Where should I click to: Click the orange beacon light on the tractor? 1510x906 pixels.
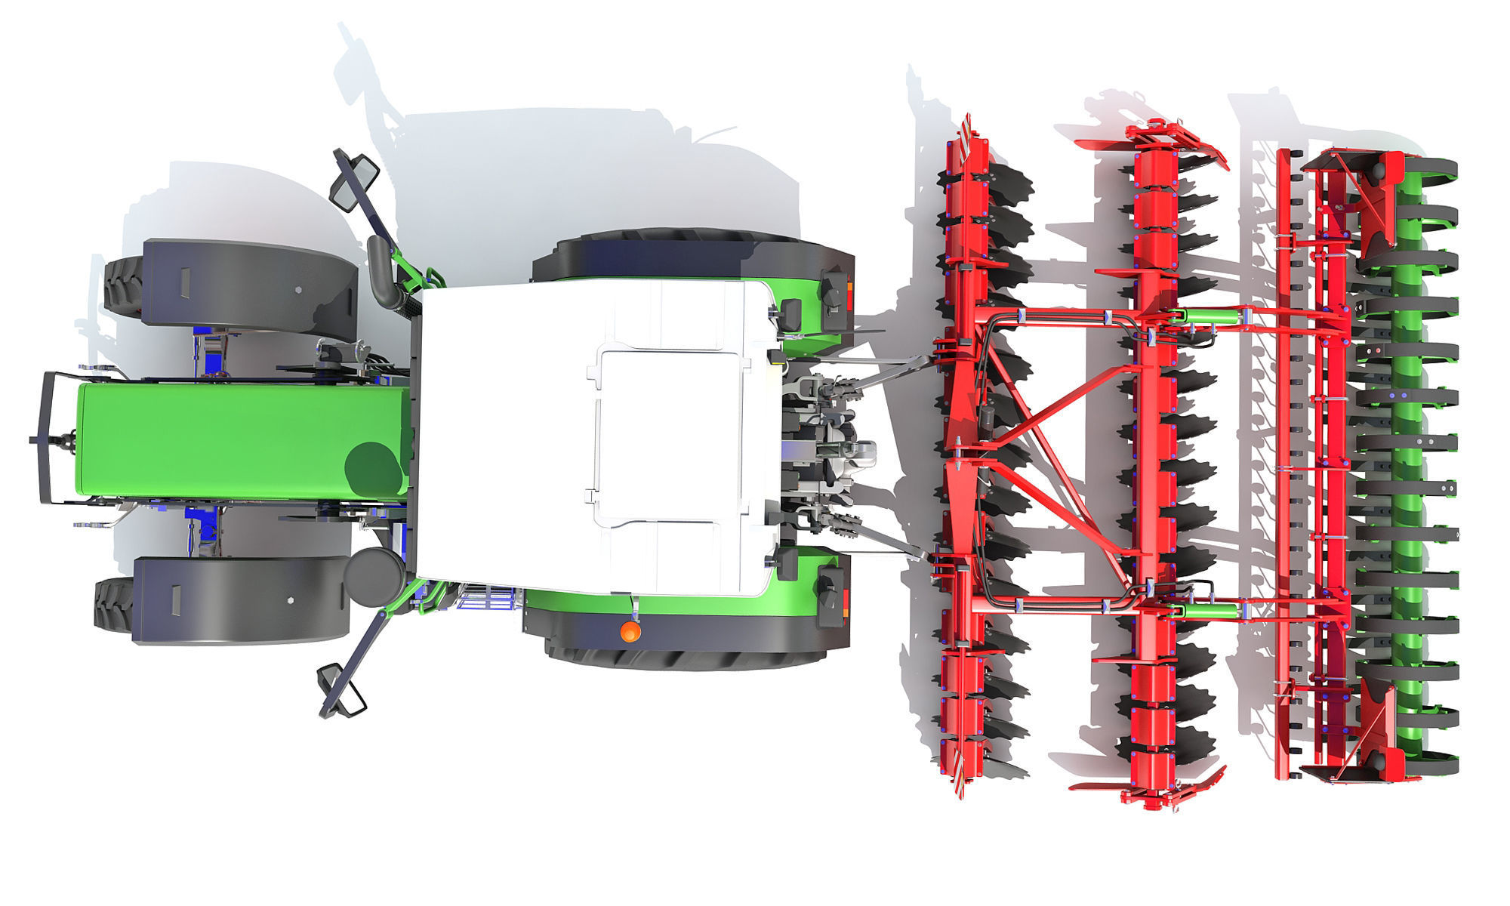[x=630, y=631]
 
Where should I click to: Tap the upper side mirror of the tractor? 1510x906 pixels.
[x=355, y=182]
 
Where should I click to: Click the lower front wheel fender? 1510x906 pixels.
[x=240, y=600]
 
